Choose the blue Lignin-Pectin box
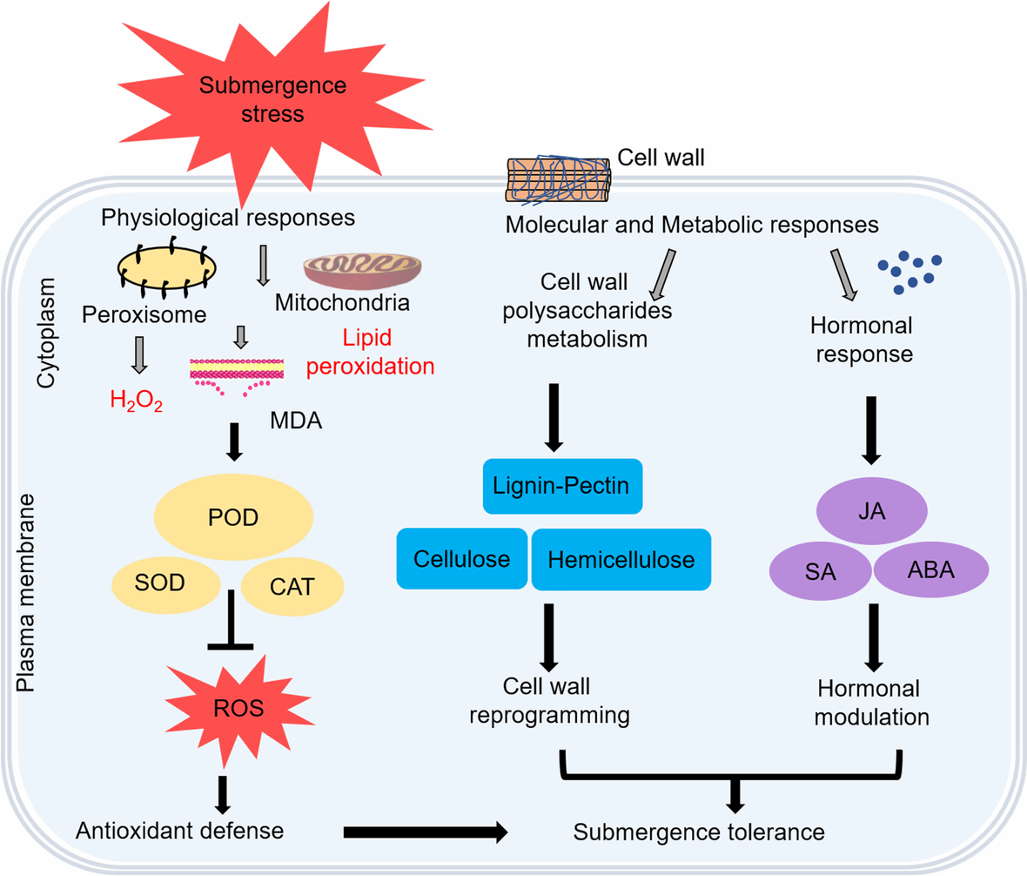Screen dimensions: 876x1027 coord(562,485)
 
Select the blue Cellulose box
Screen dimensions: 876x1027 coord(462,558)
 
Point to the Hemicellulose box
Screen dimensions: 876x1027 coord(621,559)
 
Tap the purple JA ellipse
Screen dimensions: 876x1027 coord(878,512)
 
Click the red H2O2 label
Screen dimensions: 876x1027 coord(136,403)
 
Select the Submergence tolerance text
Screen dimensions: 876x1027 coord(699,832)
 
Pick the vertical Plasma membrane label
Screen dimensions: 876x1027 coord(29,582)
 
